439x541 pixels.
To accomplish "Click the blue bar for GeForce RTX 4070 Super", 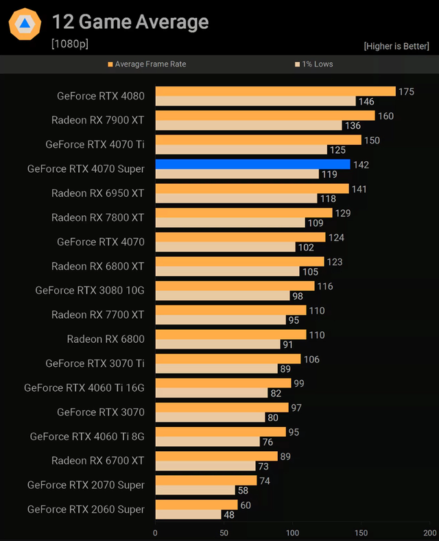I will point(252,164).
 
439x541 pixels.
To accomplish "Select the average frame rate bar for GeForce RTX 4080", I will point(275,91).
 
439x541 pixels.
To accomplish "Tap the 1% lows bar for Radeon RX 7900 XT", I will point(248,125).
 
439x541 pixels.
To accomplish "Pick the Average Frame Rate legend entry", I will point(147,64).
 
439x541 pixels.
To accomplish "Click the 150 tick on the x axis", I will point(361,532).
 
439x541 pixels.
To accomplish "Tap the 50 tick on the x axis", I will point(224,532).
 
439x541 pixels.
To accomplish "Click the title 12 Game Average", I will point(130,22).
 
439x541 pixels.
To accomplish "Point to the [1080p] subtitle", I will point(69,44).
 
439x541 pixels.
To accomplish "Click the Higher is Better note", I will point(396,46).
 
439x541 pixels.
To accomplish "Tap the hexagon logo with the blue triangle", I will point(25,25).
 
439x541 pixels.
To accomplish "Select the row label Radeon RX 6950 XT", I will point(97,193).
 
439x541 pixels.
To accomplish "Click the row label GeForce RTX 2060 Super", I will point(86,509).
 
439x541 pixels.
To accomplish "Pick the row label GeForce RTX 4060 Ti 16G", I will point(84,388).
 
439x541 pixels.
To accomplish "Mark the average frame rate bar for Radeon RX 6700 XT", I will point(216,456).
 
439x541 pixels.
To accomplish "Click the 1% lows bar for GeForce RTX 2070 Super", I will point(195,490).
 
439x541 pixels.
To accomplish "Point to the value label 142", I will point(360,164).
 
